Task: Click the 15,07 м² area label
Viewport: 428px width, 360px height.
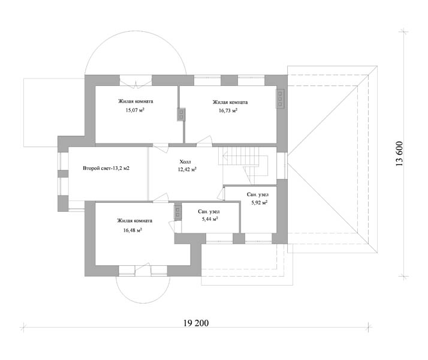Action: (135, 110)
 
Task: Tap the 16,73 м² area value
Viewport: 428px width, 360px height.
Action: (228, 110)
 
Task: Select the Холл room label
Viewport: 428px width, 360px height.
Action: (185, 161)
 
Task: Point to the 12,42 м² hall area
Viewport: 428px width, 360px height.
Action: (187, 170)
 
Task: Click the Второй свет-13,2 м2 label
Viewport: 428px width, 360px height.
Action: (106, 168)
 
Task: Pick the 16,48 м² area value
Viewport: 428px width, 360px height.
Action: (132, 230)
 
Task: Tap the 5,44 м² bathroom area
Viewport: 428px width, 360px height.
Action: (210, 219)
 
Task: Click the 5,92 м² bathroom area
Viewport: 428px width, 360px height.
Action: (260, 203)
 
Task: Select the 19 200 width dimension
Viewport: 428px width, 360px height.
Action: (196, 323)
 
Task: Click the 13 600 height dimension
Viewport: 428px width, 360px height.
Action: (399, 154)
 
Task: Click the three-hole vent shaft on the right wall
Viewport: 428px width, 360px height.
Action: (280, 98)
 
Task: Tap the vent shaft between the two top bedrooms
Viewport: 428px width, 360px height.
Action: (181, 115)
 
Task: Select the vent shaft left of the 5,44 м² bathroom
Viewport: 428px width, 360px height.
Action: (177, 212)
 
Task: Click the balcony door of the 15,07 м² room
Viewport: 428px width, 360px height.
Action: (135, 82)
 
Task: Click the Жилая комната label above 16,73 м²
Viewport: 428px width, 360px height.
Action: (230, 102)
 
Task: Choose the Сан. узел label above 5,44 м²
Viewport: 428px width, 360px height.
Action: (209, 212)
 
